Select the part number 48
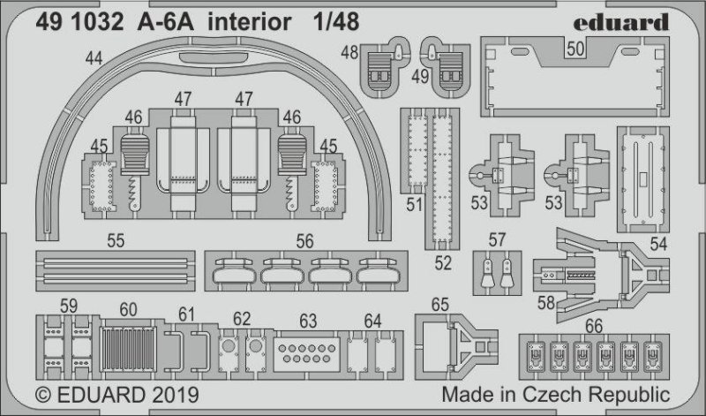(349, 53)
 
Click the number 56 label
(305, 239)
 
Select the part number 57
(497, 238)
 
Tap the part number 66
(593, 324)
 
